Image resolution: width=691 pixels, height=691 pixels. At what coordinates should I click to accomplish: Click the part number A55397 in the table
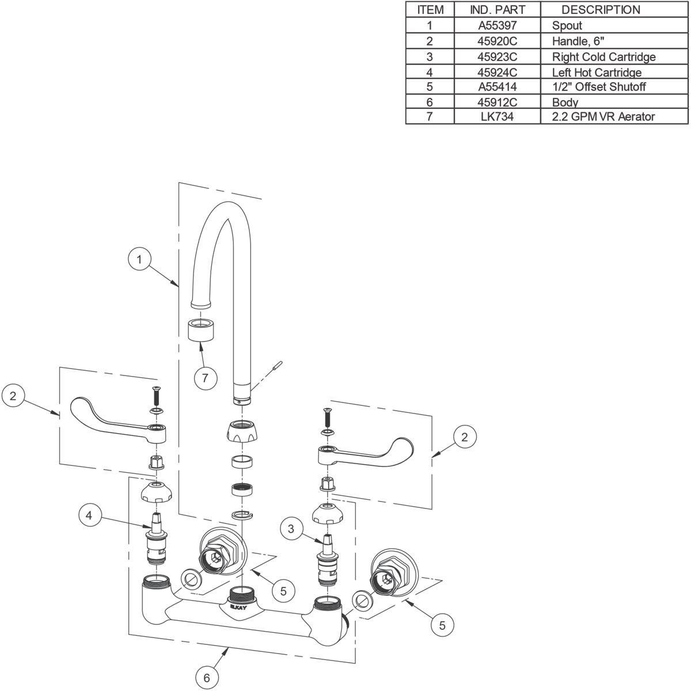coord(498,25)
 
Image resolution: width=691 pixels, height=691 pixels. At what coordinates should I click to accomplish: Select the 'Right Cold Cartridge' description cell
coord(603,56)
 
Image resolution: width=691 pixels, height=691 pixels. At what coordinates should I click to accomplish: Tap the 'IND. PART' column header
coord(498,10)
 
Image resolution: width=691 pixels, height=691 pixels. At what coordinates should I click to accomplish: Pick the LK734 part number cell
coord(498,117)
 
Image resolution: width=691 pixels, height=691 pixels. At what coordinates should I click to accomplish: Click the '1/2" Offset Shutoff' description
coord(598,87)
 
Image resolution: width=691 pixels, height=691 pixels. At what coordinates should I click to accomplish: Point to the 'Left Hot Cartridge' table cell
coord(597,72)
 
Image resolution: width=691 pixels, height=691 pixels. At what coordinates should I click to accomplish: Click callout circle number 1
coord(139,260)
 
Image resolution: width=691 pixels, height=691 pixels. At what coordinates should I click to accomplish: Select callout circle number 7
coord(206,378)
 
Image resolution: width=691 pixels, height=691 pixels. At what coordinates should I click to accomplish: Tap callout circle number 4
coord(89,515)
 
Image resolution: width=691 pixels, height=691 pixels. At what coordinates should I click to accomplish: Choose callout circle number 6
coord(207,678)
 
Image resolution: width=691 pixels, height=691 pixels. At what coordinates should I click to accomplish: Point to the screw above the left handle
coord(155,396)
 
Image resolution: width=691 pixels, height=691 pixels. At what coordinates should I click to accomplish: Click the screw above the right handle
coord(326,415)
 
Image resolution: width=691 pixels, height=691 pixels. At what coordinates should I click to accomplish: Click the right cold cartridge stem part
coord(327,559)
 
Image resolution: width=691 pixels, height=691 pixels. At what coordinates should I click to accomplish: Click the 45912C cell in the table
coord(498,102)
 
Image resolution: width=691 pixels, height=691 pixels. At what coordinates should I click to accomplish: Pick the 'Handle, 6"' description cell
coord(578,41)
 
